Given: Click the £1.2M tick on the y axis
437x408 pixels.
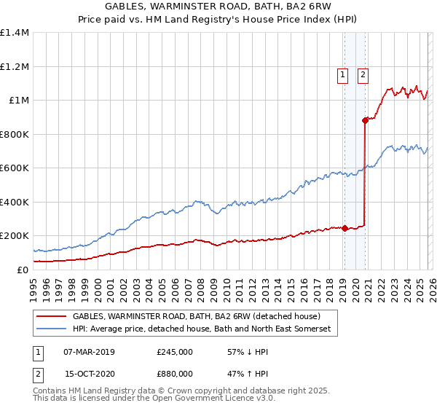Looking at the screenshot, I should point(15,66).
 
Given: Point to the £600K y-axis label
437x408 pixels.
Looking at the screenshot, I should point(14,168).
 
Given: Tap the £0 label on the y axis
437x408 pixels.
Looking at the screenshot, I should point(23,270).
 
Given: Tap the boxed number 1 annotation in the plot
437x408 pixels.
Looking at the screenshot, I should point(342,73).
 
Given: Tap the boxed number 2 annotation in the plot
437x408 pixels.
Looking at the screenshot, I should point(363,73).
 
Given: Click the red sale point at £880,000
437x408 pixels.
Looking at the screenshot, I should point(365,121).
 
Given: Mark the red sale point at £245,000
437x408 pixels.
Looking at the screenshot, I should point(345,228).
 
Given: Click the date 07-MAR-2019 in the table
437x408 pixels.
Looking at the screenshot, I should point(90,351).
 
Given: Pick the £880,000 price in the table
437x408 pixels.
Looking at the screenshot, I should point(174,373).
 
